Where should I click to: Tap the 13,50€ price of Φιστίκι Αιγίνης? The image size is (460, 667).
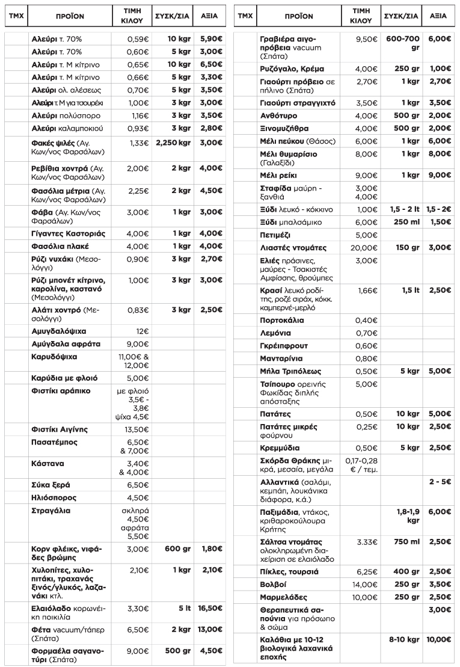pos(138,429)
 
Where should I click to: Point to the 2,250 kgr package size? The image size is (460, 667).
pos(172,142)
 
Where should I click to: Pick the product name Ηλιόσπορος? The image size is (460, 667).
pos(57,497)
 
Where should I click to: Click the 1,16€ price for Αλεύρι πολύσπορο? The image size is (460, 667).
pos(138,115)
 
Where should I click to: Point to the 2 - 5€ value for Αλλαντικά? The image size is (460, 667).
pos(440,482)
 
